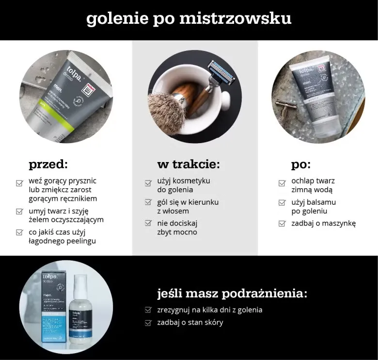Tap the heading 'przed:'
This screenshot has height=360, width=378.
click(48, 165)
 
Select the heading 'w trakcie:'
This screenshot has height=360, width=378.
click(189, 164)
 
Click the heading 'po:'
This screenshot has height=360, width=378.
click(301, 164)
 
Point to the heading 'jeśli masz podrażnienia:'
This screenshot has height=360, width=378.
click(232, 294)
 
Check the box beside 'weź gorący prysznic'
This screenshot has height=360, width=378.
click(19, 183)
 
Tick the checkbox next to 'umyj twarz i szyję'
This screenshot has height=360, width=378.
click(19, 212)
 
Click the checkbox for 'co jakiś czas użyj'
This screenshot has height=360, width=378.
click(19, 232)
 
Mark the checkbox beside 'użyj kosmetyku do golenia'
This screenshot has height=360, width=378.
click(148, 183)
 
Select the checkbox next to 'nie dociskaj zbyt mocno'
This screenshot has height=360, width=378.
click(148, 223)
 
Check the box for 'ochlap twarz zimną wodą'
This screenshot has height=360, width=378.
click(282, 183)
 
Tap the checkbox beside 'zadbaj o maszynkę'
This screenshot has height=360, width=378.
click(282, 224)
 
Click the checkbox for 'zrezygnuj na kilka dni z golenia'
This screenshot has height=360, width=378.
click(148, 310)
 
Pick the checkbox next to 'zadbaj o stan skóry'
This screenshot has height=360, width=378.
click(148, 323)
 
